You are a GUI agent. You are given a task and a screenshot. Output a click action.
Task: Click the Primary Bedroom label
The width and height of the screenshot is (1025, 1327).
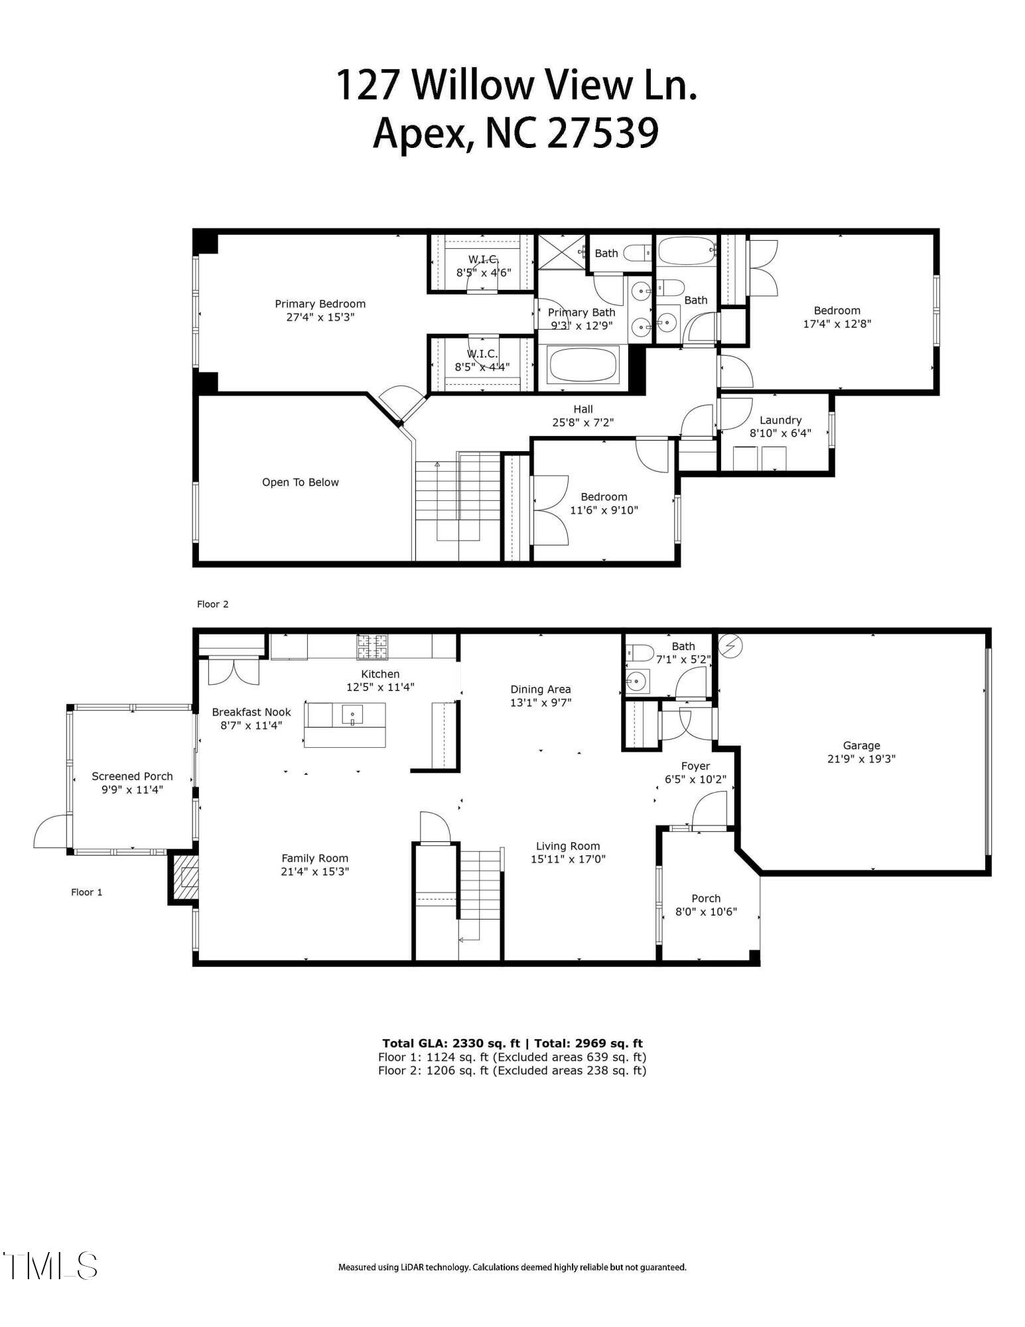(320, 304)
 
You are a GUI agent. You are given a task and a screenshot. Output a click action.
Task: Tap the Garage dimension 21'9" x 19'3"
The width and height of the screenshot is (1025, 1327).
(861, 759)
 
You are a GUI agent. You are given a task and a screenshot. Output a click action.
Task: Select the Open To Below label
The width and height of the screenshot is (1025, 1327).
(300, 482)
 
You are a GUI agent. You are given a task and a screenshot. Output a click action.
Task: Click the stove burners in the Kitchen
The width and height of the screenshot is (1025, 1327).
(372, 647)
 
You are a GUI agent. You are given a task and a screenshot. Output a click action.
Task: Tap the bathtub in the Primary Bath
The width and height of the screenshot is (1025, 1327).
(583, 366)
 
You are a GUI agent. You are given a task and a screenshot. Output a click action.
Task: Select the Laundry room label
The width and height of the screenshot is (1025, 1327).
(780, 420)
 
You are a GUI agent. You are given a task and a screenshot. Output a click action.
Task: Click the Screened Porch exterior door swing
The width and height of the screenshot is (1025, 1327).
(50, 832)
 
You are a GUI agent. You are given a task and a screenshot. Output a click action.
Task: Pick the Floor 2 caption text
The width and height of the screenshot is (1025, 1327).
(212, 604)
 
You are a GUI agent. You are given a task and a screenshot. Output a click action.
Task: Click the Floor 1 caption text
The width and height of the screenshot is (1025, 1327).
(86, 892)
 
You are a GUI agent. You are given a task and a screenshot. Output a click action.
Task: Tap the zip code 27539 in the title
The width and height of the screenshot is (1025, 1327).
(602, 133)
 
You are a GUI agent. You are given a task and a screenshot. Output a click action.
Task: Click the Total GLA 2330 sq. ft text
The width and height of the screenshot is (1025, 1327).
(450, 1044)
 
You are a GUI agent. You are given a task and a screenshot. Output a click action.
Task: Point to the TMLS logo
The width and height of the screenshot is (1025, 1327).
(50, 1266)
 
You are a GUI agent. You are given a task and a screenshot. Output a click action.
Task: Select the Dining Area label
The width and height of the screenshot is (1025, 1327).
(540, 689)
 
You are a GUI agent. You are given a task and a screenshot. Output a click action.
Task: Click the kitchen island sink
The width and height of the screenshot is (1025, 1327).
(352, 715)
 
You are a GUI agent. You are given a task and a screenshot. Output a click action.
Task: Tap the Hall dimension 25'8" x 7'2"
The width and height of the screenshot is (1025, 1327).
(582, 423)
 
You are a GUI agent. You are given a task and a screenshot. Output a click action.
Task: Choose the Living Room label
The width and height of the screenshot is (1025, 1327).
(567, 846)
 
